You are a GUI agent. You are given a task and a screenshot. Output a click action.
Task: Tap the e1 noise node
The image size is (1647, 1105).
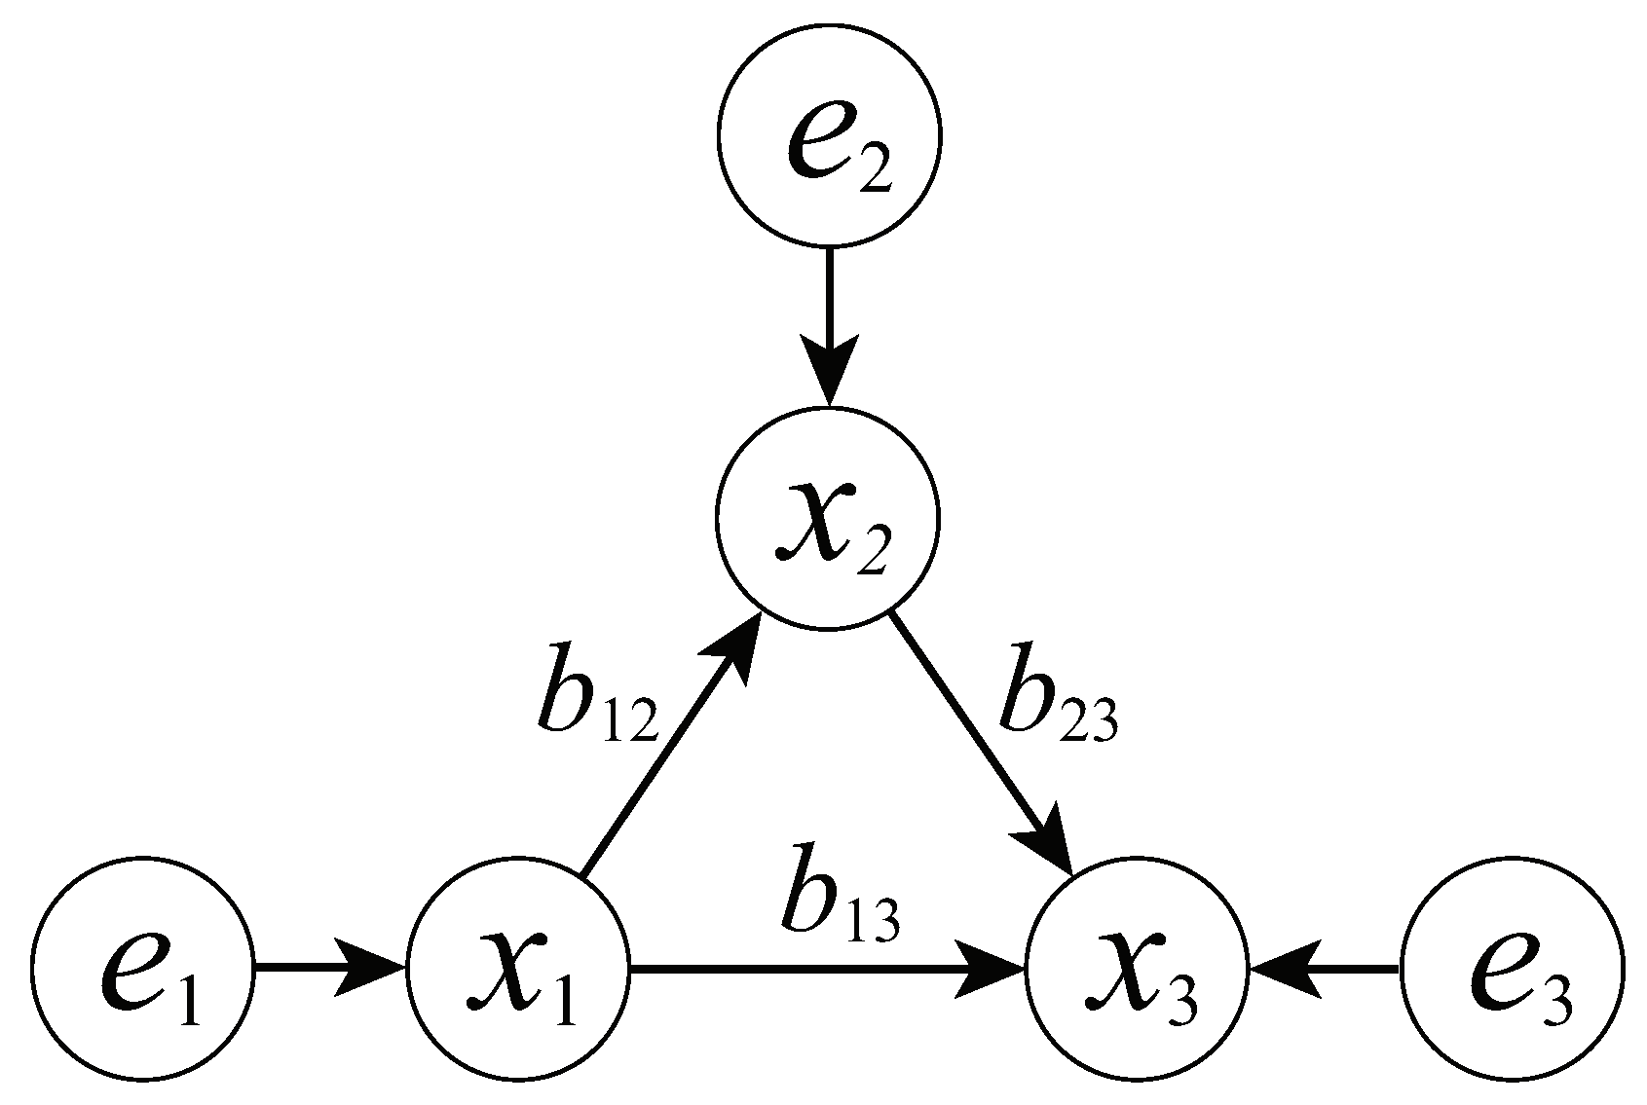142,968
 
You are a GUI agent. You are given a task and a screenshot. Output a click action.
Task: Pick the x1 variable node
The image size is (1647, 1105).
518,968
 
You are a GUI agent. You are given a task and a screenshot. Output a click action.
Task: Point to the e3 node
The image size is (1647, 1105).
1512,968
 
